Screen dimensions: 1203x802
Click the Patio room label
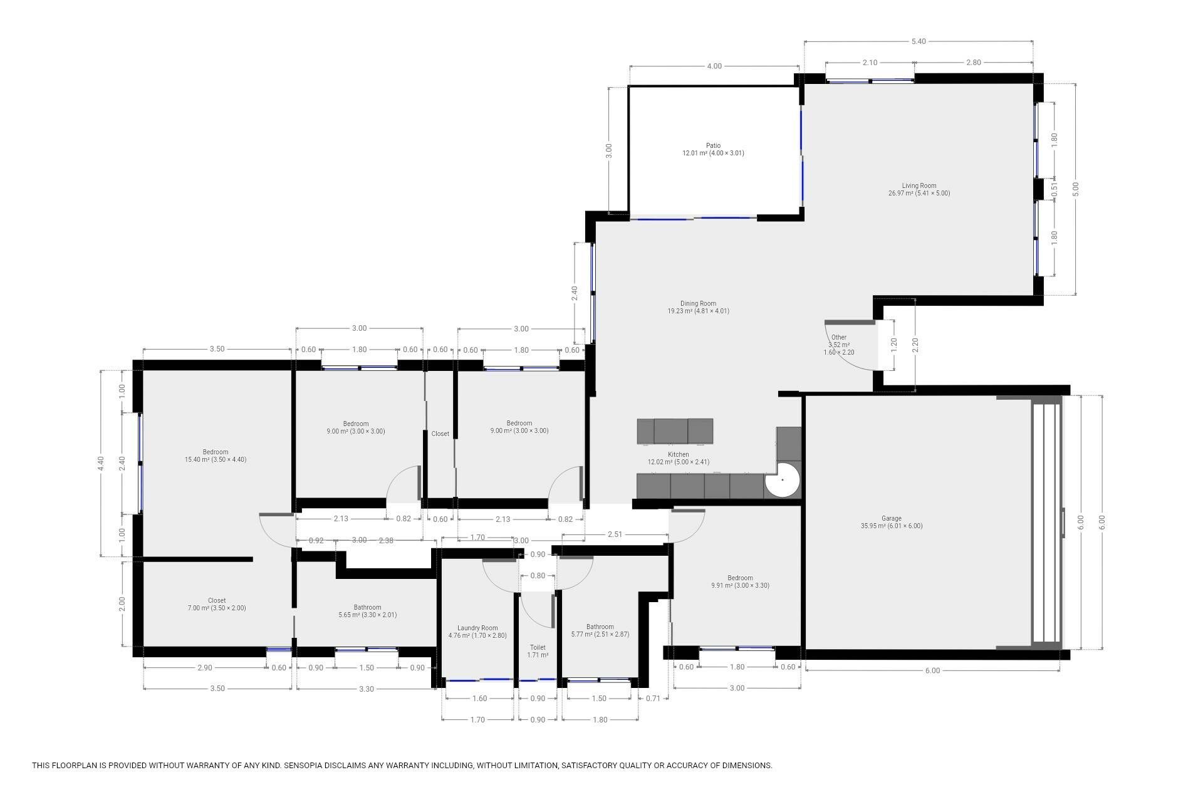coord(713,145)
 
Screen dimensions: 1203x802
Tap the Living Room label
coord(919,185)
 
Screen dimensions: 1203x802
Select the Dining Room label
coord(698,303)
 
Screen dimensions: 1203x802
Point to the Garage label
coord(892,518)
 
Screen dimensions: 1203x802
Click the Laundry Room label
coord(477,628)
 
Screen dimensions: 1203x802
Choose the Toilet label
coord(538,647)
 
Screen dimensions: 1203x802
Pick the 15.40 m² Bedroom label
coord(216,452)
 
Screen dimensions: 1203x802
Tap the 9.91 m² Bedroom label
coord(740,578)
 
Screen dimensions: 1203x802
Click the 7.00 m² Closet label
coord(217,600)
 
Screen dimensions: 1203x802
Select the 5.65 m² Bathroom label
coord(367,607)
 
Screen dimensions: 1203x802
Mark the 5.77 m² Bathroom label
coord(600,627)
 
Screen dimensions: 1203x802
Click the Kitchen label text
coord(679,454)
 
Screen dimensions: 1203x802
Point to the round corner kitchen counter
coord(783,480)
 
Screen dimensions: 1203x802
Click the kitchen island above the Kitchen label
coord(675,431)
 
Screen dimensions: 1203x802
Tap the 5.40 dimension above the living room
coord(919,41)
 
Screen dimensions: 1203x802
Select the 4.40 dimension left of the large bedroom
coord(101,463)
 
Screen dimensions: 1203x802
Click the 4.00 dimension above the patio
coord(714,66)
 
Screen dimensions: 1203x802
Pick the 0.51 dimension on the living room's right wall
coord(1055,187)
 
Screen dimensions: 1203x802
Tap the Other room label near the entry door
coord(839,337)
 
